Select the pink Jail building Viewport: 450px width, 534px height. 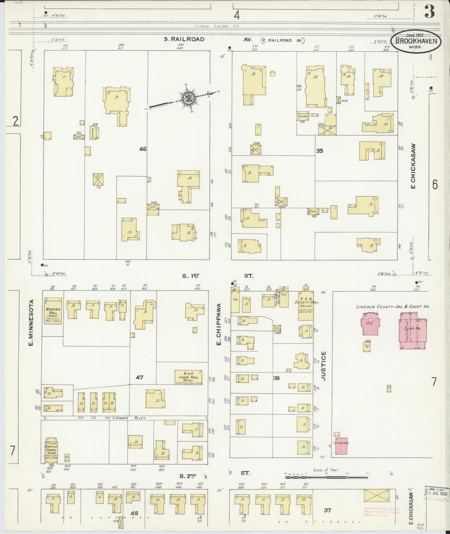pos(371,324)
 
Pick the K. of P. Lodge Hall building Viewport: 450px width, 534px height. pos(188,377)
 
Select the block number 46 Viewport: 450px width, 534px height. pos(143,149)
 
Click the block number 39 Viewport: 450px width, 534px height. pos(320,151)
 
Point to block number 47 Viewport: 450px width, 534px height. pos(139,378)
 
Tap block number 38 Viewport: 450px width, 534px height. pos(276,378)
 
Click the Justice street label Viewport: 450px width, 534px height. pos(324,366)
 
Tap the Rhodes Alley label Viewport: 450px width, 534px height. pos(134,418)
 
